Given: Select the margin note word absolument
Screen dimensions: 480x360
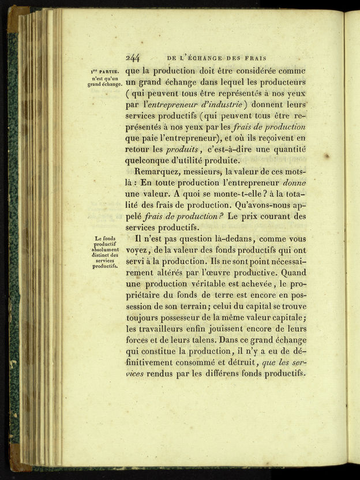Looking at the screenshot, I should click(x=105, y=250).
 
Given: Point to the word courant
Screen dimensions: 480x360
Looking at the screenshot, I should click(x=271, y=216).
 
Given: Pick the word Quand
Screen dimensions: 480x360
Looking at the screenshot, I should click(x=291, y=272).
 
